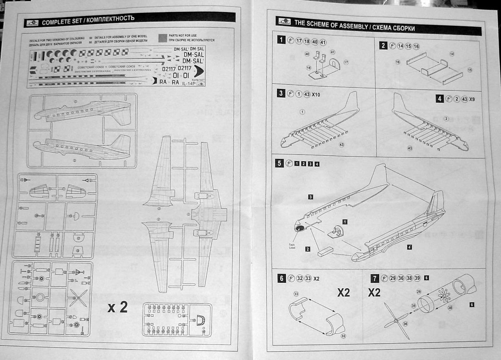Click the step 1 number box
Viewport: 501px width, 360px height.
pyautogui.click(x=283, y=40)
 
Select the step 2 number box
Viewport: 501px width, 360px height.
pyautogui.click(x=383, y=45)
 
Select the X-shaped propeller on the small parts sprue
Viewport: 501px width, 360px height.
pyautogui.click(x=78, y=297)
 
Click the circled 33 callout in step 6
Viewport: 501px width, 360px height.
pyautogui.click(x=296, y=294)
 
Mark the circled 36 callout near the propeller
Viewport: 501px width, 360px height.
pyautogui.click(x=404, y=324)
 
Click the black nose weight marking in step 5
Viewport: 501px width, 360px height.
pyautogui.click(x=299, y=228)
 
